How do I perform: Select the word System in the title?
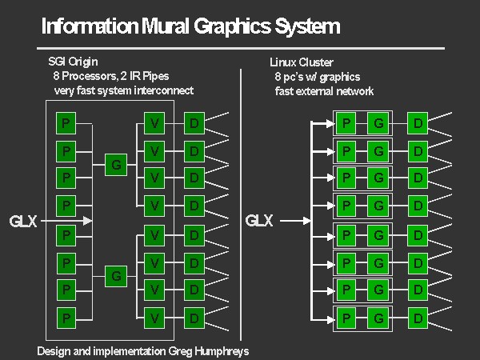pyautogui.click(x=307, y=26)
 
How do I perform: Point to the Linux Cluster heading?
pyautogui.click(x=302, y=62)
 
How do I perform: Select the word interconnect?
pyautogui.click(x=161, y=90)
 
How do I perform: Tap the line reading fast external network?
pyautogui.click(x=324, y=90)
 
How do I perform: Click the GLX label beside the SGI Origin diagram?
pyautogui.click(x=23, y=221)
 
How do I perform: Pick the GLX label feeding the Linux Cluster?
pyautogui.click(x=259, y=221)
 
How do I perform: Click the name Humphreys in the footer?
pyautogui.click(x=220, y=351)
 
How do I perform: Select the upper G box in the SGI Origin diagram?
pyautogui.click(x=116, y=165)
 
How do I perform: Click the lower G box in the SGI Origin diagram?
pyautogui.click(x=116, y=276)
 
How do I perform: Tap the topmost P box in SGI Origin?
pyautogui.click(x=66, y=123)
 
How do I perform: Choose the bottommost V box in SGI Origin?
pyautogui.click(x=156, y=318)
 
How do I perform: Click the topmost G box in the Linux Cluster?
pyautogui.click(x=378, y=123)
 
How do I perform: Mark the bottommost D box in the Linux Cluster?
pyautogui.click(x=417, y=318)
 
